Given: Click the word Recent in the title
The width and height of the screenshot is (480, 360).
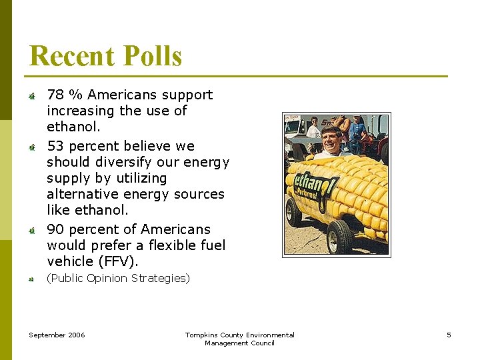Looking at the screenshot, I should tap(69, 56).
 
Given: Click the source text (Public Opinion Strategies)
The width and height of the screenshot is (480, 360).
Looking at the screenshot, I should tap(118, 278).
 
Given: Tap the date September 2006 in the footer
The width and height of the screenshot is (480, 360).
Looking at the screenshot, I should tap(57, 335).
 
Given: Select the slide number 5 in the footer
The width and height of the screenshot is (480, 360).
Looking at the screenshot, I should tap(449, 335).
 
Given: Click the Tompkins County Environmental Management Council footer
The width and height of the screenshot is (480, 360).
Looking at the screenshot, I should tap(239, 339).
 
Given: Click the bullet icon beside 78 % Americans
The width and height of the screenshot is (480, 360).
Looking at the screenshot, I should tap(31, 97).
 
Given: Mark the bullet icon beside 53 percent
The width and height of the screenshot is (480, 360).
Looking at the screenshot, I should tap(31, 147).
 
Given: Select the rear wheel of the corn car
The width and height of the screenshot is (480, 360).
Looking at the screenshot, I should tap(293, 212).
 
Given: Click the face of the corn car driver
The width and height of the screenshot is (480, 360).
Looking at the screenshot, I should tap(331, 140).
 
